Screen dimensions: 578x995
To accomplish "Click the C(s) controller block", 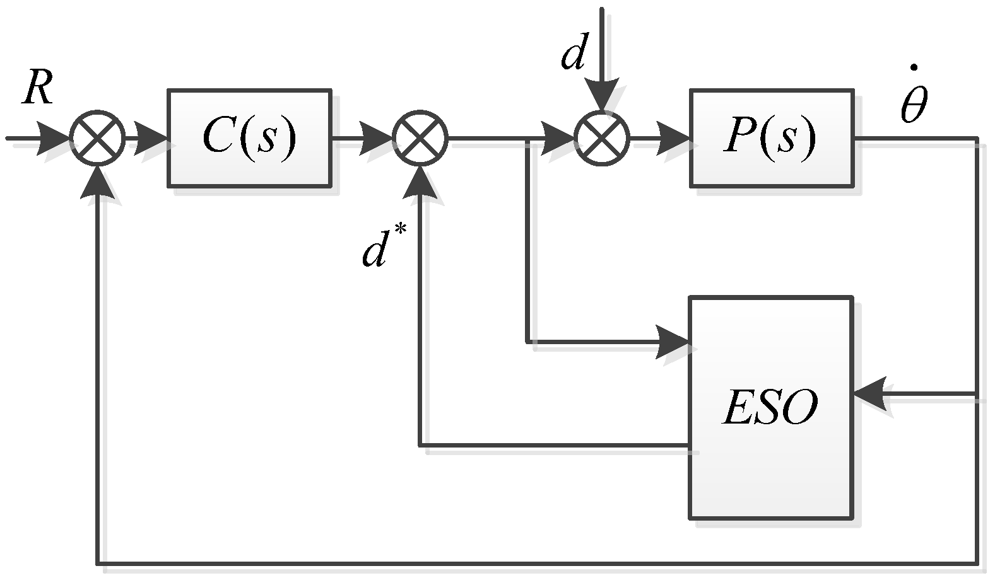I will pos(249,138).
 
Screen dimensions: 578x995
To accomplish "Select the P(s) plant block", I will pos(771,138).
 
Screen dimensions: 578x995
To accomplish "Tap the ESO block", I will pos(771,407).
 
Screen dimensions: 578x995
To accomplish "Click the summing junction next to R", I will pos(97,138).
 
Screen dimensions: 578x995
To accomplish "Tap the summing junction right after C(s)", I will pos(420,138).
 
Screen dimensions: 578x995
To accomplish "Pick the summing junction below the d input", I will pos(602,138).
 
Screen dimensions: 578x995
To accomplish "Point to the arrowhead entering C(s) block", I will pos(151,138).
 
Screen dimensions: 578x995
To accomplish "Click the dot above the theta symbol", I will pos(914,67).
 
